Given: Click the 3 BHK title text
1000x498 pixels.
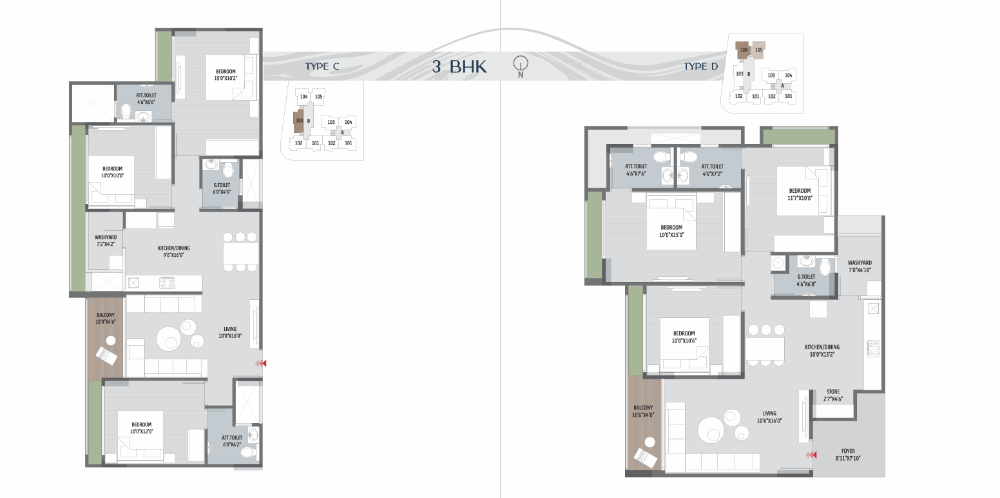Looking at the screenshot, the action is (459, 66).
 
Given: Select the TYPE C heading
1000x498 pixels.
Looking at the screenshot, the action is (322, 66).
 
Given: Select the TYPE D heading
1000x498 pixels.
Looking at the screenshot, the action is (701, 66).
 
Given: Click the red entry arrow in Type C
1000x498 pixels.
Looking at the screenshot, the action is (261, 363).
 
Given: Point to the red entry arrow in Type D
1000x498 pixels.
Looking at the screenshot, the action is (811, 455).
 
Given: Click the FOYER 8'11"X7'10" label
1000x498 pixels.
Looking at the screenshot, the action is (848, 455).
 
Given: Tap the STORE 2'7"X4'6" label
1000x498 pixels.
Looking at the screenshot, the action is (833, 395).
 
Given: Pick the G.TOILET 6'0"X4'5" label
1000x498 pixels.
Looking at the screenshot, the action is (222, 188).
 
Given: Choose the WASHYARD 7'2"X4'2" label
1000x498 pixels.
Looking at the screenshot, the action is (106, 241).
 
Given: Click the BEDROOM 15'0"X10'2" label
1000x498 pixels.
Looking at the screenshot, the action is (226, 75).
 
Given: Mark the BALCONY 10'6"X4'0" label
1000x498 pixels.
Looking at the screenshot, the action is (643, 412).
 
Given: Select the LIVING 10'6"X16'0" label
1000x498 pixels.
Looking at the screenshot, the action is (769, 417).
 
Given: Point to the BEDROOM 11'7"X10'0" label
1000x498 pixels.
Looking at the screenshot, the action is (800, 194).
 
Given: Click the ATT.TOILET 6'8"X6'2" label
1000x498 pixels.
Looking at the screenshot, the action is (232, 441).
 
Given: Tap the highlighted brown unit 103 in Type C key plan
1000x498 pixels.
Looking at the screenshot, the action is (298, 121).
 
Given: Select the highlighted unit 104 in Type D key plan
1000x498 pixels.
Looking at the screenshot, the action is (743, 50).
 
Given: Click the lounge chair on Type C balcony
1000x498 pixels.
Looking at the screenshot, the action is (107, 356).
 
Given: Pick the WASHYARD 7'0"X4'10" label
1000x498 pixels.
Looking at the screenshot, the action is (860, 266).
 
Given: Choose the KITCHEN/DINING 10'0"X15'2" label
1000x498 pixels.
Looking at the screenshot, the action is (822, 350).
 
